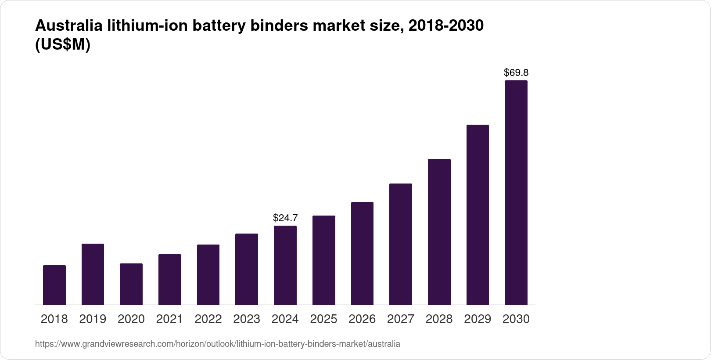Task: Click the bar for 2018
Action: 54,285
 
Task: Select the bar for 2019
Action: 93,274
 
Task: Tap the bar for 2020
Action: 131,284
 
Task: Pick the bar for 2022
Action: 208,275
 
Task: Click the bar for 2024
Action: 285,265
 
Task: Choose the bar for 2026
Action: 362,253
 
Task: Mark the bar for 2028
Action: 439,232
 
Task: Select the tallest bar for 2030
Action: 516,193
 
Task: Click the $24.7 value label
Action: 285,218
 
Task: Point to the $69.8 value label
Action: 516,72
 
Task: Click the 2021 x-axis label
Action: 169,319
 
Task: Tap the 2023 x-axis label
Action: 247,319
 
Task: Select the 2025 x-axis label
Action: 323,319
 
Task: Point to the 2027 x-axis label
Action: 401,319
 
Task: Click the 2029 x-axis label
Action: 478,319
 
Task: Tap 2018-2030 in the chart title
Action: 445,26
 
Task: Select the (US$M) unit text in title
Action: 62,45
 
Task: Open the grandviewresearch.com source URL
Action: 218,344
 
